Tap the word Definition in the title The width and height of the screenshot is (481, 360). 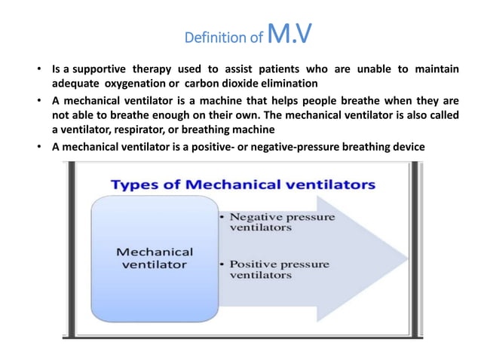pos(210,37)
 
